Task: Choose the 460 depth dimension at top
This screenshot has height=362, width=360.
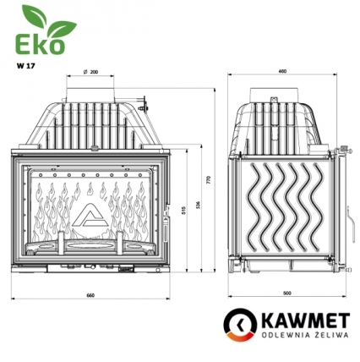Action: pos(282,73)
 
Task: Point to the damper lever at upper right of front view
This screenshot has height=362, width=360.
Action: pos(144,107)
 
